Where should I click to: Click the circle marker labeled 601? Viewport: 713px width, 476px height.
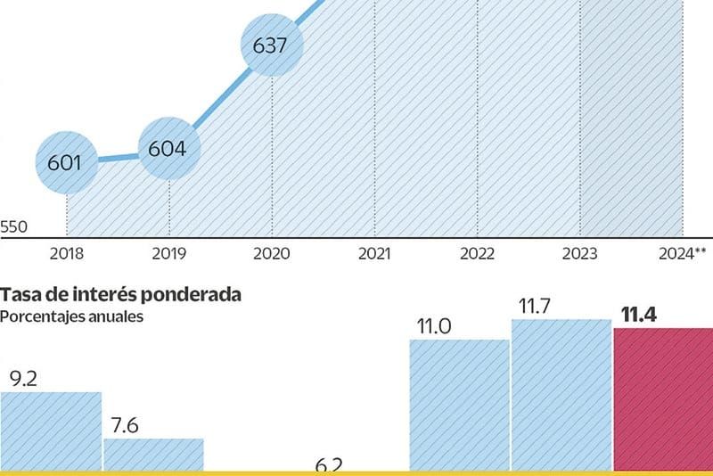click(x=66, y=163)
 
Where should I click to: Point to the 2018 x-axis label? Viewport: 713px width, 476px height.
click(x=67, y=254)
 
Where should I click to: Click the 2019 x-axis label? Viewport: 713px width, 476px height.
click(x=168, y=254)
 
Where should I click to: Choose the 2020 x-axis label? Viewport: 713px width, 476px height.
click(x=272, y=254)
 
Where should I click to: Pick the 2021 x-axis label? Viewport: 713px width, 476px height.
click(x=374, y=254)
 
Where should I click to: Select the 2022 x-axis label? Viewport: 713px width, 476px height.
click(x=477, y=254)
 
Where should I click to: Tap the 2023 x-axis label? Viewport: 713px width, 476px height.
click(x=579, y=254)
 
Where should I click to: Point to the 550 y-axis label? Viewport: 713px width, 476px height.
click(x=13, y=227)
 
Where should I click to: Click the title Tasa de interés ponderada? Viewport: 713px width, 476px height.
click(x=120, y=295)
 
